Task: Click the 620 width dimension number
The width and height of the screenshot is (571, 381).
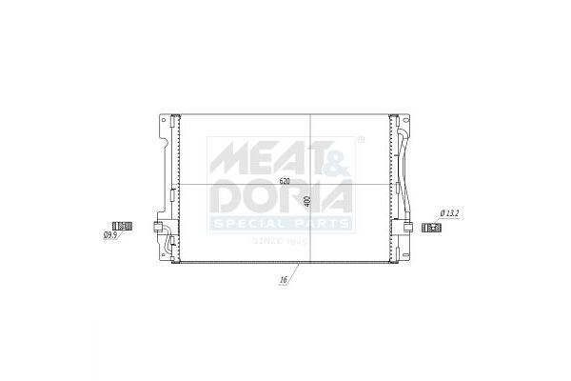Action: pos(285,181)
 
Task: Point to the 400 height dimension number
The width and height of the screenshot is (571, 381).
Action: pos(307,202)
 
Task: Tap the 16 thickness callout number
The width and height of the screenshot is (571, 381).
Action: pos(284,280)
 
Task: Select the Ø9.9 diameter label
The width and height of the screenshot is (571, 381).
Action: pos(110,235)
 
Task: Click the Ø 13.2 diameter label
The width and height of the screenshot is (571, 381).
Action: pos(449,213)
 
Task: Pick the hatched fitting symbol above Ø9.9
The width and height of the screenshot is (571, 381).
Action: pos(122,226)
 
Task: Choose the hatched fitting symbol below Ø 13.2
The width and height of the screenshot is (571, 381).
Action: pos(431,228)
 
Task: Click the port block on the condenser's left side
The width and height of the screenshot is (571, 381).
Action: pos(158,227)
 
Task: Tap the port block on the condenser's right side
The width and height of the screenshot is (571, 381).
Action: pos(407,228)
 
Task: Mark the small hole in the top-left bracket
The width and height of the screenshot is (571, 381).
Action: pos(164,120)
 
